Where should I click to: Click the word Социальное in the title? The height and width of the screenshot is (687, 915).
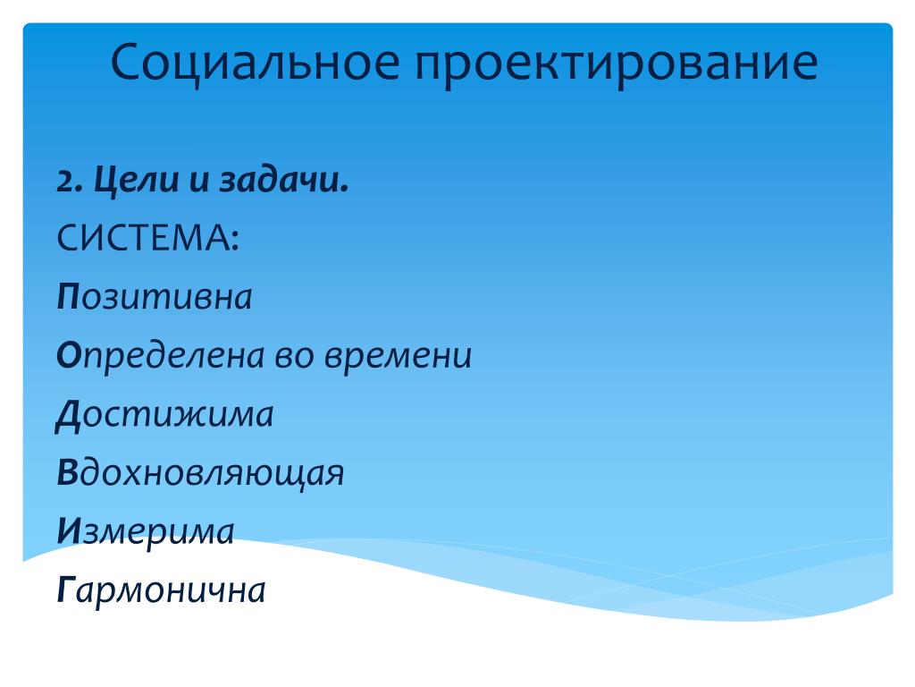tap(255, 62)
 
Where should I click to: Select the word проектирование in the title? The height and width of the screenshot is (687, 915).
tap(617, 62)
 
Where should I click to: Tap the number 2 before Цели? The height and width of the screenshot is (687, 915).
tap(68, 181)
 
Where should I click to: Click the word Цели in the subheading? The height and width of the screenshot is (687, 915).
tap(137, 180)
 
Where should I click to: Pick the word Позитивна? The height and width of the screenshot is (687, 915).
tap(154, 297)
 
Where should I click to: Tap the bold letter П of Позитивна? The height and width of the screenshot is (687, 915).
tap(68, 297)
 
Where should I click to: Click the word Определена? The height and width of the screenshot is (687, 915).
tap(161, 356)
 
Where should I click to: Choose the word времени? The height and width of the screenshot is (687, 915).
tap(398, 356)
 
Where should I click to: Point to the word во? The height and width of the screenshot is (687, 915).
tap(295, 356)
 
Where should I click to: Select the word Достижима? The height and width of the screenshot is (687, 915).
tap(164, 415)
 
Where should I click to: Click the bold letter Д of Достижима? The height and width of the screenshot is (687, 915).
tap(68, 416)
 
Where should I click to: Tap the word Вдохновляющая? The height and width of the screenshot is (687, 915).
tap(200, 473)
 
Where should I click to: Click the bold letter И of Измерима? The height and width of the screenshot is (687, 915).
tap(69, 531)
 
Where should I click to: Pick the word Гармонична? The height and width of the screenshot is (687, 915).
tap(161, 590)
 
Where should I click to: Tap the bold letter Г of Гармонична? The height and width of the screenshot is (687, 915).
tap(66, 589)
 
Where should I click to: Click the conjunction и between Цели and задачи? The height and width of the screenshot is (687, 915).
tap(199, 181)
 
